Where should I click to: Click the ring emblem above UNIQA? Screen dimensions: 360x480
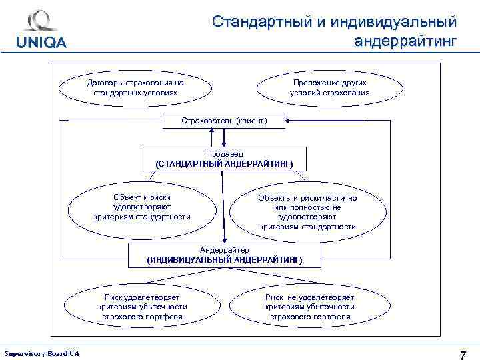tap(41, 21)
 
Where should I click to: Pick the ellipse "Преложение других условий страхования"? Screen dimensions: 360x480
tap(329, 87)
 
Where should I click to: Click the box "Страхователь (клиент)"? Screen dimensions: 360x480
tap(224, 121)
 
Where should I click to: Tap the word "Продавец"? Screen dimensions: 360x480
tap(224, 154)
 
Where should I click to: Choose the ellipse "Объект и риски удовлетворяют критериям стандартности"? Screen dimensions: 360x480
tap(142, 207)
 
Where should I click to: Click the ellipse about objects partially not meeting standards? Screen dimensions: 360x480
tap(307, 212)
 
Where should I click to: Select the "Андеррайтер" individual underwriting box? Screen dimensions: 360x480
tap(224, 254)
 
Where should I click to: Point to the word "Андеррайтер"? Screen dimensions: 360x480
tap(224, 249)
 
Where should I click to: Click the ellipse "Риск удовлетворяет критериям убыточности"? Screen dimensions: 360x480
tap(142, 307)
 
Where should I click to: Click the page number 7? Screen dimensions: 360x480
tap(463, 353)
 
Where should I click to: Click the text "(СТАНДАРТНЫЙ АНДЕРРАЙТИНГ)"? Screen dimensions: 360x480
tap(224, 163)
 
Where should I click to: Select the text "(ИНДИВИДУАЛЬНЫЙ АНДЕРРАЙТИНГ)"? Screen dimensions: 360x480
tap(224, 259)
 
